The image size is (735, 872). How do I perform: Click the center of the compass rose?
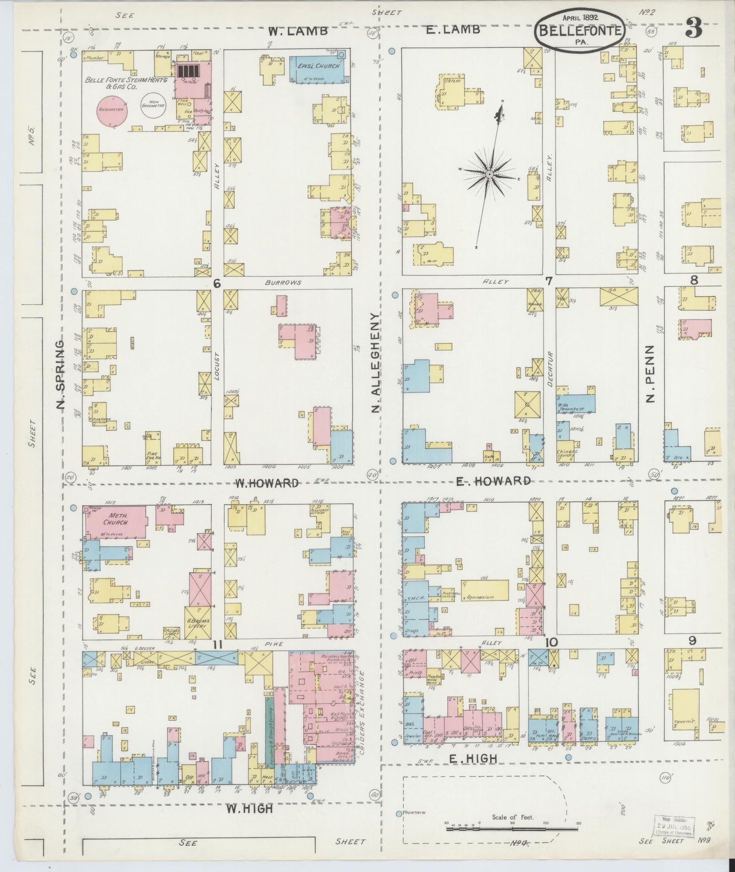tap(489, 175)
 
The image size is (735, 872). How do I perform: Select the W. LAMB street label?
tap(298, 31)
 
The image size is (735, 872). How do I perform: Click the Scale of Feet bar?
tap(512, 829)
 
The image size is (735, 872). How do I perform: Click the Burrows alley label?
tap(283, 282)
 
